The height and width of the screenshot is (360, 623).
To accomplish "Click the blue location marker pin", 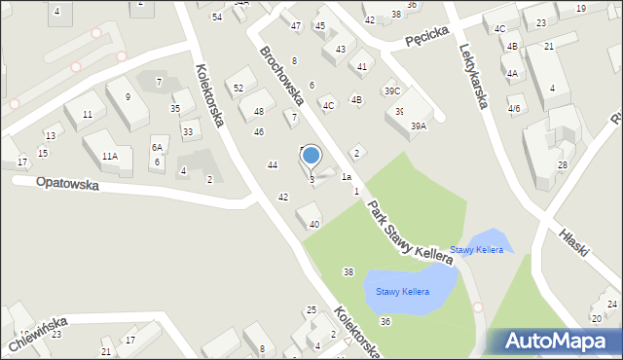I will tap(311, 156).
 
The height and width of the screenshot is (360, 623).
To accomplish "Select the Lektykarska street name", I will tap(471, 68).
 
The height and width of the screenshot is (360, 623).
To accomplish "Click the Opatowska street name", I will tap(67, 183).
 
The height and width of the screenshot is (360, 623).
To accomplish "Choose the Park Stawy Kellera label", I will tap(410, 231).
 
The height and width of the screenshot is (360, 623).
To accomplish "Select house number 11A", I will tap(109, 156).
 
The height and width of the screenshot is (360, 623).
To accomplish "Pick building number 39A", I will tap(419, 126).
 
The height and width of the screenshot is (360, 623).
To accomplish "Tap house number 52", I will tap(238, 89).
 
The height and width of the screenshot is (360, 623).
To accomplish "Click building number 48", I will tap(258, 112).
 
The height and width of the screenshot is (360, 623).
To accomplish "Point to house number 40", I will tap(313, 225).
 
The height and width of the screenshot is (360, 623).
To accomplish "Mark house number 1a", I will tap(346, 177).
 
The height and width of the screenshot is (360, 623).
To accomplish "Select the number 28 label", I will tap(562, 165).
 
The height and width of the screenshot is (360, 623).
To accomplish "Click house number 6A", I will tap(156, 147).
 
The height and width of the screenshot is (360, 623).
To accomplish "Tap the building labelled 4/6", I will tap(514, 109).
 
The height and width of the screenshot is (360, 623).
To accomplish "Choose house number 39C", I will tap(391, 90).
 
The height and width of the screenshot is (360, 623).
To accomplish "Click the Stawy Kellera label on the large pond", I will tap(397, 292).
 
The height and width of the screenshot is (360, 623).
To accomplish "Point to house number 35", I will tap(175, 108).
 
